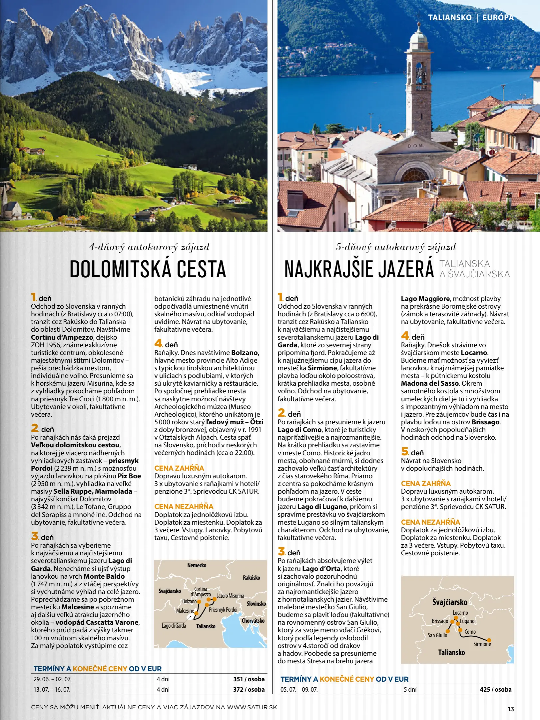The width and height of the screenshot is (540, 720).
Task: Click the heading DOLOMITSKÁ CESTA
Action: click(x=148, y=269)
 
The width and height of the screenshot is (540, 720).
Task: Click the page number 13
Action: click(x=511, y=709)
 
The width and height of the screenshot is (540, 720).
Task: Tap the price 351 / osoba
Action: click(x=249, y=679)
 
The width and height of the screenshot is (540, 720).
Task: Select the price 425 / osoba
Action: click(x=495, y=689)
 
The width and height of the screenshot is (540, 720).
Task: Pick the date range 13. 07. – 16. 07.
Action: click(x=52, y=689)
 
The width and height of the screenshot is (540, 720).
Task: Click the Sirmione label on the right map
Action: click(x=482, y=644)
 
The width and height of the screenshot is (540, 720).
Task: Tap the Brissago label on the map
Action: click(x=440, y=621)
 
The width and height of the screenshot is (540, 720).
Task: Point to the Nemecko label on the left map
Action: click(x=197, y=565)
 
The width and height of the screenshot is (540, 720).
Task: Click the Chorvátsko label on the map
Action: click(x=253, y=621)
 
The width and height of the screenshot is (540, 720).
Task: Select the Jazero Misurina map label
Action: click(x=230, y=595)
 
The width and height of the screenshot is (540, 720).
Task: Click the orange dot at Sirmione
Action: click(x=489, y=640)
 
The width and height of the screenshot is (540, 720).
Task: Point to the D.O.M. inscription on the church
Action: click(x=415, y=146)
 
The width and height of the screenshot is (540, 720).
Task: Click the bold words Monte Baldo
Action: click(x=104, y=576)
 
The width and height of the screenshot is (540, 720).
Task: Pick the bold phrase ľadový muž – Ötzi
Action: click(x=235, y=422)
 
